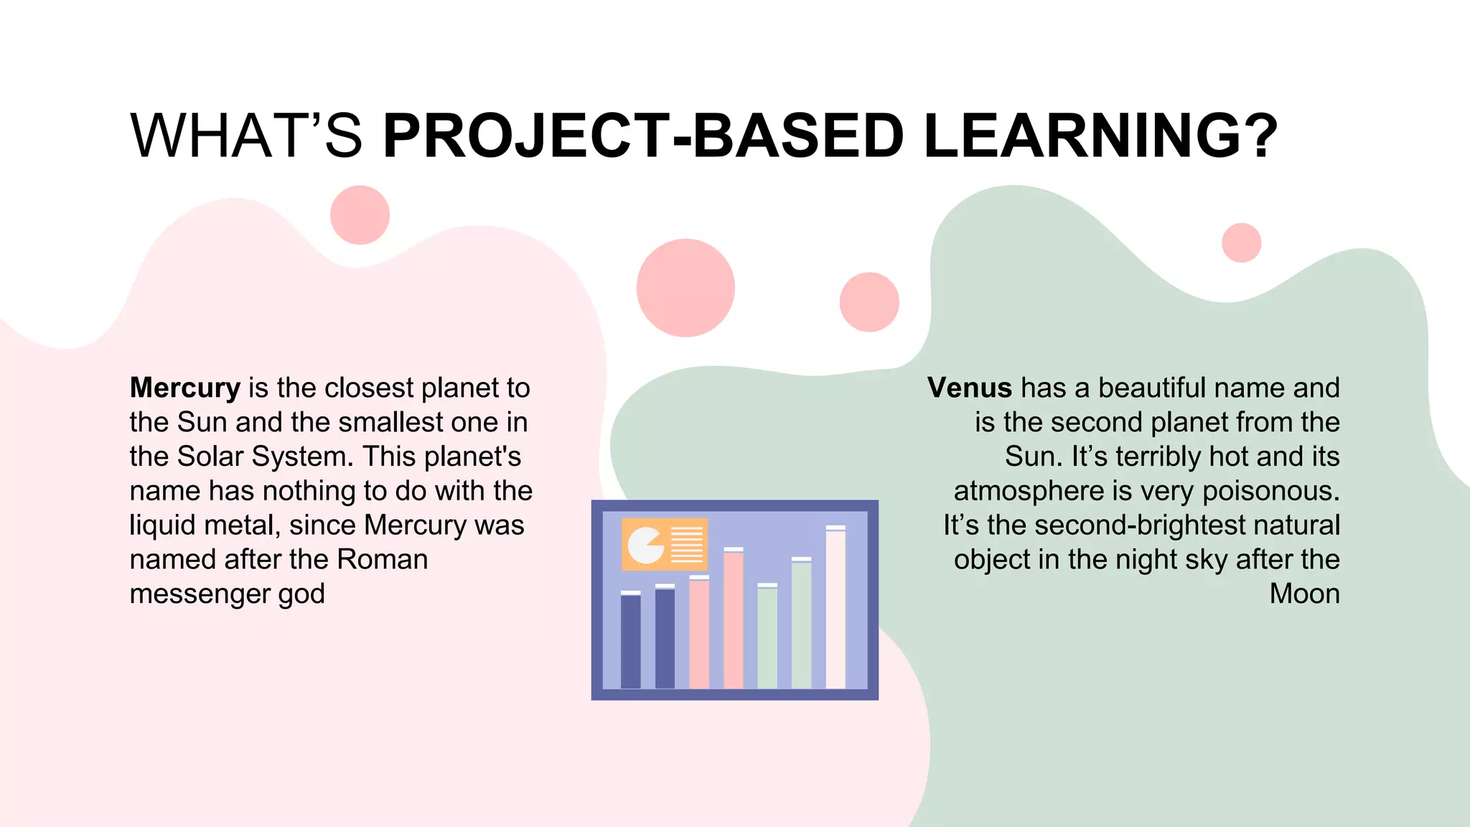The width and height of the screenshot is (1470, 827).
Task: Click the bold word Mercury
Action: (185, 388)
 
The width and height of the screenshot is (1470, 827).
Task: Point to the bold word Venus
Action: (969, 388)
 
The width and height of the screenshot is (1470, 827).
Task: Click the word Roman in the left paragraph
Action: (382, 559)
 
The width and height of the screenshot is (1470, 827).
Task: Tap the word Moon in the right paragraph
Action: (1304, 594)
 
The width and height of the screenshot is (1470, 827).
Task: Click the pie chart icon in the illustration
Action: (645, 546)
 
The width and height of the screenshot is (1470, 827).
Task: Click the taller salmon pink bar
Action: (733, 619)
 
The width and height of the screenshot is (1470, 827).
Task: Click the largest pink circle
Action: (685, 288)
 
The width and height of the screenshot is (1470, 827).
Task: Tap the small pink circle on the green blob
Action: (1241, 243)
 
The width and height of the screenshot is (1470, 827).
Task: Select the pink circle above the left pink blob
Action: (360, 215)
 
